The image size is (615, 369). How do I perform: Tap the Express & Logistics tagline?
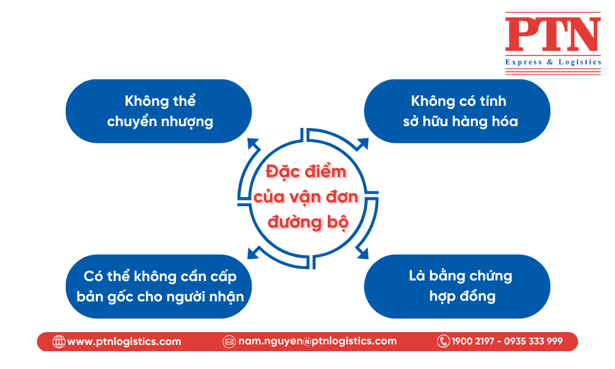click(552, 62)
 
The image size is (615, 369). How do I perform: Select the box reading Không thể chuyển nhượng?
click(159, 111)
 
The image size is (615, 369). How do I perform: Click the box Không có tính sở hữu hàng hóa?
click(458, 111)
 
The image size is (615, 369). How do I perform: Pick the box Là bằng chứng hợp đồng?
click(458, 286)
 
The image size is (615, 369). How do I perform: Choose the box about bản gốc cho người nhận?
click(159, 286)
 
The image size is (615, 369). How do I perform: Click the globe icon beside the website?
click(59, 341)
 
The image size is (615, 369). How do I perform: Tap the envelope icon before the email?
click(229, 341)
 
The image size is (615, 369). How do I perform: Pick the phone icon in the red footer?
click(443, 341)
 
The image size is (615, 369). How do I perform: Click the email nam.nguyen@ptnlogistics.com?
click(317, 341)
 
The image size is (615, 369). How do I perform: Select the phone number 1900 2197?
click(473, 341)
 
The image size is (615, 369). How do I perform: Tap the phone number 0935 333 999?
click(533, 341)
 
